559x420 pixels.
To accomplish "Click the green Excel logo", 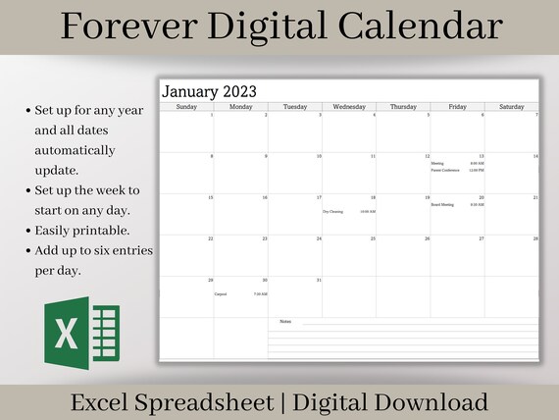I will (x=80, y=335).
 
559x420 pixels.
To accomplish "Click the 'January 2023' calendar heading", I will (x=209, y=92).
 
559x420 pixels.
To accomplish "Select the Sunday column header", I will (x=187, y=106).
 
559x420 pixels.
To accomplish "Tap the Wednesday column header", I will (x=349, y=106).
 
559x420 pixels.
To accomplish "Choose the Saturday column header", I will (x=511, y=106).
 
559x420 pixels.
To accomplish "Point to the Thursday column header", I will (x=403, y=106).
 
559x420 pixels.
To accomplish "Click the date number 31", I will (x=318, y=280).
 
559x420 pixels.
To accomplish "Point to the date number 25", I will (x=373, y=238).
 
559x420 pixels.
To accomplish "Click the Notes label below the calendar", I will (x=285, y=321).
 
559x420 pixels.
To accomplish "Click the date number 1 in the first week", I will (x=211, y=115).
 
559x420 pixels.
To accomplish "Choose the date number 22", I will (x=210, y=238).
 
